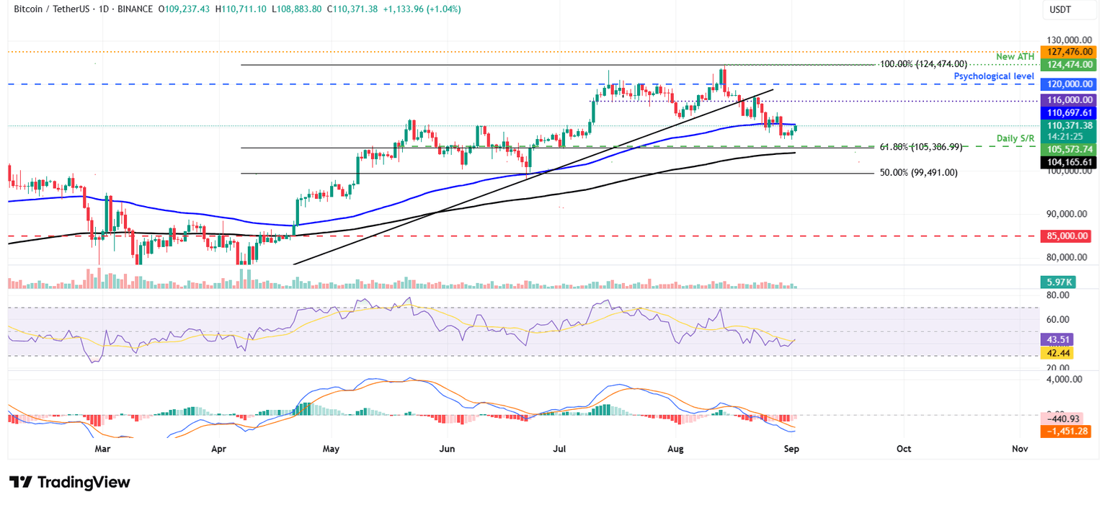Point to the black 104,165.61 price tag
pos(1067,162)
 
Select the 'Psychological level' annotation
pos(995,76)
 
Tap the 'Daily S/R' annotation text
pos(1016,138)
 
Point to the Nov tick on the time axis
pos(1020,449)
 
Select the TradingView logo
pos(70,482)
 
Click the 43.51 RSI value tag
pos(1057,339)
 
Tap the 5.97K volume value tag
pos(1057,282)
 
